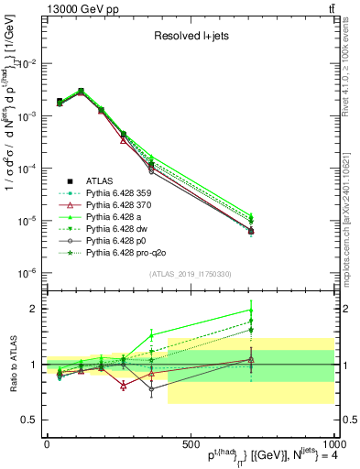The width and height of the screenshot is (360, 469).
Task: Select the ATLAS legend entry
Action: (x=100, y=180)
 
